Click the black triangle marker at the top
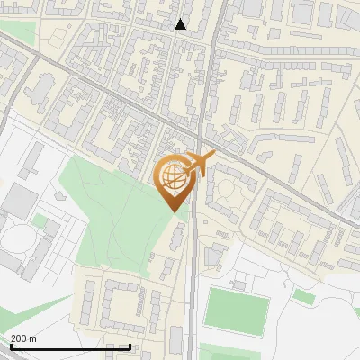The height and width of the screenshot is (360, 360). pyautogui.click(x=181, y=24)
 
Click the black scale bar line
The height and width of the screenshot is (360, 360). pyautogui.click(x=70, y=346)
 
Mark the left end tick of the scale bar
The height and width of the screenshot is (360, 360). pyautogui.click(x=11, y=346)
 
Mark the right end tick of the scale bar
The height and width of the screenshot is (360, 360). pyautogui.click(x=130, y=346)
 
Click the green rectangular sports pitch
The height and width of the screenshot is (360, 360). pyautogui.click(x=236, y=310)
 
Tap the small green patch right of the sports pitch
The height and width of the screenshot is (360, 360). pyautogui.click(x=304, y=296)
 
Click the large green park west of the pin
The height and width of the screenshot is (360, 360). pyautogui.click(x=108, y=216)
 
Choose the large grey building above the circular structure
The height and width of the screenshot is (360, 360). pyautogui.click(x=20, y=202)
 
